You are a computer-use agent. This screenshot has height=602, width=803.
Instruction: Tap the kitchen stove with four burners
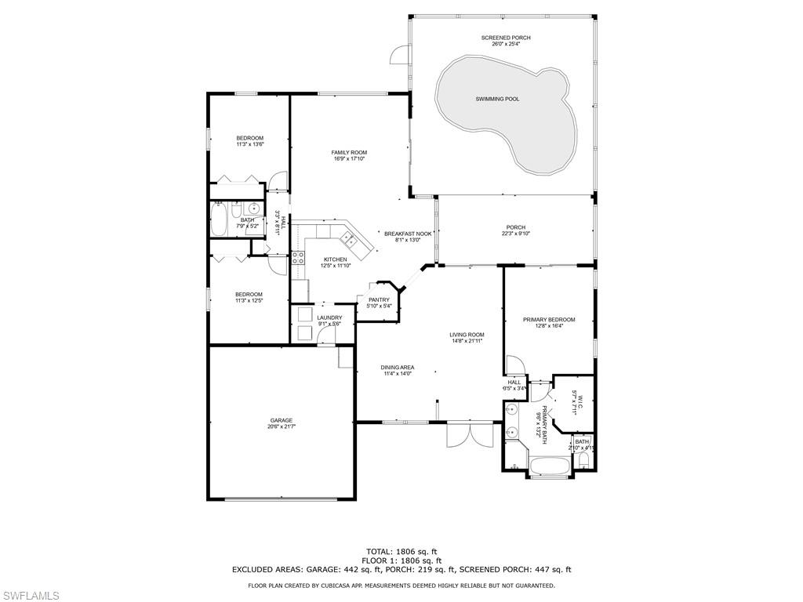[298, 260]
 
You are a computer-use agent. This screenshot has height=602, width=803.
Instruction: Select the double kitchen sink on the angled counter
[350, 240]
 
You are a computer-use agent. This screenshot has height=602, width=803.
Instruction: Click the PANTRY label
[379, 299]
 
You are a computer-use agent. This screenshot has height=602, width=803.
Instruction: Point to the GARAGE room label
[282, 421]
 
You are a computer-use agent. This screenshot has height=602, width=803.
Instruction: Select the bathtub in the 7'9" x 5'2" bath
[220, 220]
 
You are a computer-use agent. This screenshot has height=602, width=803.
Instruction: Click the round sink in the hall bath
[253, 209]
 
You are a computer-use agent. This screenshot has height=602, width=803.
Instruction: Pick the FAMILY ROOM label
[349, 153]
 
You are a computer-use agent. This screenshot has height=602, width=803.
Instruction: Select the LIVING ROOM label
[467, 335]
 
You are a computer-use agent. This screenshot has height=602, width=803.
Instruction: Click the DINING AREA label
[398, 368]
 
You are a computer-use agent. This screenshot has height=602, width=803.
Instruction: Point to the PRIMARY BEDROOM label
[549, 320]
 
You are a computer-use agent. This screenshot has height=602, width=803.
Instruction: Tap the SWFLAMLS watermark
[30, 596]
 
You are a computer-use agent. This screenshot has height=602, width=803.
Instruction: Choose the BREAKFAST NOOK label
[408, 234]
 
